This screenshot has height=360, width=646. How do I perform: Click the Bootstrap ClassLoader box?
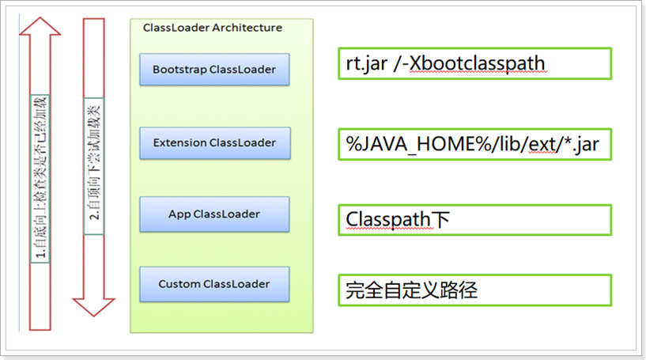tap(214, 70)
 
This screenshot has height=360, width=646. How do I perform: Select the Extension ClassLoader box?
tap(214, 142)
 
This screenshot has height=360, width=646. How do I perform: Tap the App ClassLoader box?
tap(214, 214)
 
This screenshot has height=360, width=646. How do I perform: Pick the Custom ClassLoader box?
tap(214, 284)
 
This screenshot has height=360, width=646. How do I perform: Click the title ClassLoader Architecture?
tap(212, 28)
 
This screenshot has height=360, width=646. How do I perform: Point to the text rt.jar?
tap(367, 64)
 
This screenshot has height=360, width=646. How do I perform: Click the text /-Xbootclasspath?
tap(471, 64)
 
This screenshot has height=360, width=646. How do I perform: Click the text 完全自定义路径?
tap(411, 290)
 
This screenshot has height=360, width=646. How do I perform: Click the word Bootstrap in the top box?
tap(179, 70)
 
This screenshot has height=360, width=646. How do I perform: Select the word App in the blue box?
tap(179, 214)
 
